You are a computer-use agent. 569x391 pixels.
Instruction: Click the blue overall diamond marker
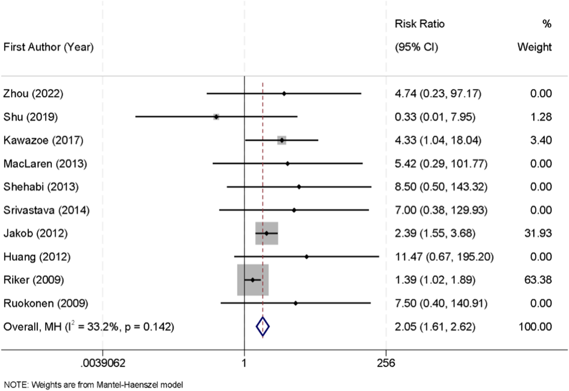tap(263, 326)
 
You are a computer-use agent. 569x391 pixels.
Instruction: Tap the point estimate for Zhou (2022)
tap(284, 93)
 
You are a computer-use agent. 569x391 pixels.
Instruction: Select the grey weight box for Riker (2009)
tap(253, 280)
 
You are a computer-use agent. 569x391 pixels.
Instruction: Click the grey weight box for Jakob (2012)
tap(267, 233)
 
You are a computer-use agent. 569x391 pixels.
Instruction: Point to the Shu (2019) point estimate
tap(216, 117)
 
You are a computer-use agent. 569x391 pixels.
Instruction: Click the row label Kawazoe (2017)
tap(44, 140)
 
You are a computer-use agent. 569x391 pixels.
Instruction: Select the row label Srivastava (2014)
tap(47, 210)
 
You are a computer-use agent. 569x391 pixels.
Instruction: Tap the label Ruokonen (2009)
tap(46, 303)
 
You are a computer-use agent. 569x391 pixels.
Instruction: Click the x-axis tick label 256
tap(386, 363)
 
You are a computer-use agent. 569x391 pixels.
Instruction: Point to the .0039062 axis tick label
tap(103, 363)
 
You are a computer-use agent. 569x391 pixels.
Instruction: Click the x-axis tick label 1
tap(244, 363)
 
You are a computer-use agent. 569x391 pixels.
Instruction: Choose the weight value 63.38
tap(538, 280)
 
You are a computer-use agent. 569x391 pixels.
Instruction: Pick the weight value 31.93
tap(538, 233)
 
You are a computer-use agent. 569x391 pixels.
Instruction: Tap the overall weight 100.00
tap(535, 326)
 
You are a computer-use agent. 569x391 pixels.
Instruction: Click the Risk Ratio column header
tap(419, 24)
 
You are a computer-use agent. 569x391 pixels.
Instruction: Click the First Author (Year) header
tap(49, 47)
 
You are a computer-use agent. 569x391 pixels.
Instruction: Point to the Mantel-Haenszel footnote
tap(93, 384)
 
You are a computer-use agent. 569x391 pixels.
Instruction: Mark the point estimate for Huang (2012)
tap(307, 257)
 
